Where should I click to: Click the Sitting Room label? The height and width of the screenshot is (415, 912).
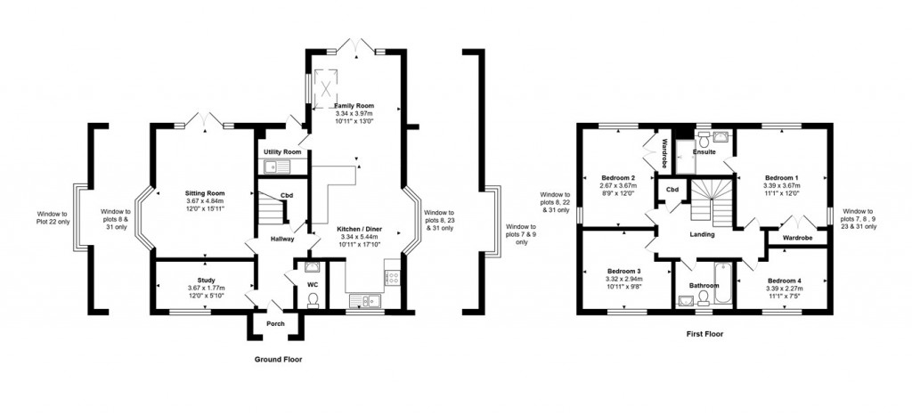[204, 192]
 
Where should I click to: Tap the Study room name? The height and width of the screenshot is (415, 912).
[206, 280]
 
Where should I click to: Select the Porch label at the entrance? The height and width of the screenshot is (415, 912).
[275, 323]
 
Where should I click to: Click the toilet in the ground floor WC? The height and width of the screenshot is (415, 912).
[312, 300]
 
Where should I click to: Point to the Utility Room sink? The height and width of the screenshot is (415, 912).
[281, 166]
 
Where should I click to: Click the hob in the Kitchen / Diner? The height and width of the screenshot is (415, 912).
[392, 278]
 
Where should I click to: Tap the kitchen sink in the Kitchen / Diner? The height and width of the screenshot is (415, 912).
[365, 301]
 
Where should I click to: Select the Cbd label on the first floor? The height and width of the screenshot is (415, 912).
[669, 190]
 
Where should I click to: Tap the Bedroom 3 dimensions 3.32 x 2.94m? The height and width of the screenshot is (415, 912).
[624, 279]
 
